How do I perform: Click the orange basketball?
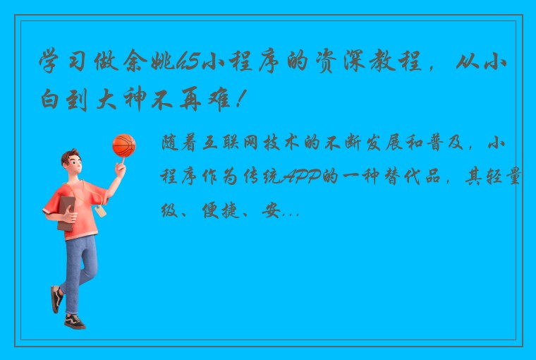[123, 145]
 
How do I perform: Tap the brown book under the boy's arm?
[66, 212]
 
